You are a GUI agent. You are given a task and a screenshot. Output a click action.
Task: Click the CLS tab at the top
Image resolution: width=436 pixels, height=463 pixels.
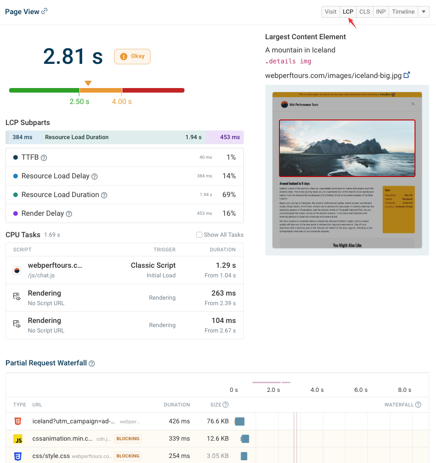[364, 12]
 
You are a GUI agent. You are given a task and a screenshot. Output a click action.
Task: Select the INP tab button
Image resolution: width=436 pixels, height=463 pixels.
[380, 12]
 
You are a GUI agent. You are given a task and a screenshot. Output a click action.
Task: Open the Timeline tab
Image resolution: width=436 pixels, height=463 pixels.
[403, 12]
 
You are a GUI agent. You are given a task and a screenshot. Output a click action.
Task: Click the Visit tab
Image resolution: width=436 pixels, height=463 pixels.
[331, 12]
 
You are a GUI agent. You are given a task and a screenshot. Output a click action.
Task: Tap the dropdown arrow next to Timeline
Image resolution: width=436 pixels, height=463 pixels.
[424, 12]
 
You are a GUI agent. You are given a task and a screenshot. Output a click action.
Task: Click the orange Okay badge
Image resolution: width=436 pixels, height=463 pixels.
[132, 57]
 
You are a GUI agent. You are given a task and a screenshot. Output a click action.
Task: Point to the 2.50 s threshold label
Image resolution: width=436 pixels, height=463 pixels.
[79, 102]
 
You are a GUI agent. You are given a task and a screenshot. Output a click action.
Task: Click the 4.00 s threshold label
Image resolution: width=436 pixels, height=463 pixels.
[122, 102]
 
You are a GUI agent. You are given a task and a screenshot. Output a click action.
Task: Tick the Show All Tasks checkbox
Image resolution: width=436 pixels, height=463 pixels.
[199, 235]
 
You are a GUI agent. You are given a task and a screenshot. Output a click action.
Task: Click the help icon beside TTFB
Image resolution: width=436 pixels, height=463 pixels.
[44, 158]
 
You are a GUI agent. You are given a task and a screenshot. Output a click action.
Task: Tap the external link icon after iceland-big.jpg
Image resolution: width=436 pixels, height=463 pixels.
[407, 75]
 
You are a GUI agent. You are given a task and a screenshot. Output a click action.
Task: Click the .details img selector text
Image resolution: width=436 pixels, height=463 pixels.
[289, 61]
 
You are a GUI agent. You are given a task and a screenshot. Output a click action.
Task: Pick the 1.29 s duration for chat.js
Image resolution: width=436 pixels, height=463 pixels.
[226, 265]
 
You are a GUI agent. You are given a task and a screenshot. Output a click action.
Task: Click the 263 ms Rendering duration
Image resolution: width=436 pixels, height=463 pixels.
[224, 293]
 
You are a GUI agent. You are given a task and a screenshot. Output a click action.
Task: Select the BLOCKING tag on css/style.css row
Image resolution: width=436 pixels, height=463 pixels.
[128, 456]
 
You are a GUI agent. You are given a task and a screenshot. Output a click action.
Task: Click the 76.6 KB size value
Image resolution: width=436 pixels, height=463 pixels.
[218, 421]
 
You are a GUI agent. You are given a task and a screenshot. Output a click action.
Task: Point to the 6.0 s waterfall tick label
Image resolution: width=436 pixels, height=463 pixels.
[361, 390]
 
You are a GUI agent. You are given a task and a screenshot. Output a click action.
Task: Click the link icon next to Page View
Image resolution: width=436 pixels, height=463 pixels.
[44, 11]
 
